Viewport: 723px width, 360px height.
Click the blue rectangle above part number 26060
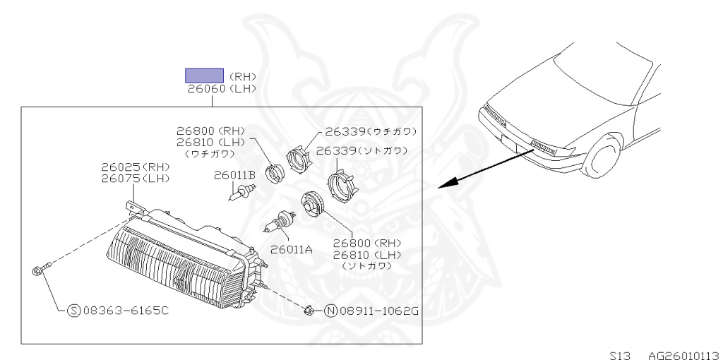[204, 76]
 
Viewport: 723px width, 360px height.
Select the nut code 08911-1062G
[374, 310]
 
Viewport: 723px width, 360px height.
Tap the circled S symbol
[73, 311]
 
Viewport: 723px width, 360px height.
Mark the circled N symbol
[329, 310]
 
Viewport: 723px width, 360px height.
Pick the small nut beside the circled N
[309, 308]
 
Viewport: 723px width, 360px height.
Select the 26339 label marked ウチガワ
[370, 131]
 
